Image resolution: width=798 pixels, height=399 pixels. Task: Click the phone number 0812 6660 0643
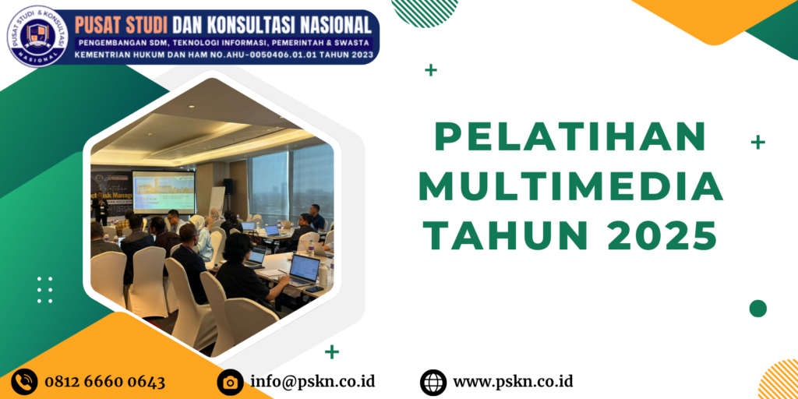(x=105, y=382)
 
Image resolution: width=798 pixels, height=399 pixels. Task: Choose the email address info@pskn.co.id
(x=312, y=382)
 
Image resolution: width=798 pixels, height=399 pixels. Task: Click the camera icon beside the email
(x=230, y=382)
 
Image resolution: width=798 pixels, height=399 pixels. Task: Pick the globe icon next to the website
(x=433, y=382)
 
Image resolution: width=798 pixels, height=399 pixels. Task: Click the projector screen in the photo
(x=163, y=192)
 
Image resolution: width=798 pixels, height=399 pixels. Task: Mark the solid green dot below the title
(x=757, y=309)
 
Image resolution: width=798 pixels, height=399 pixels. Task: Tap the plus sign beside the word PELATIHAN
(x=757, y=142)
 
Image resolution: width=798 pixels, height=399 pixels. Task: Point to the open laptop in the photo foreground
(x=303, y=269)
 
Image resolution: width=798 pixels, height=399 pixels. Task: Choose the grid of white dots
(x=45, y=290)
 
